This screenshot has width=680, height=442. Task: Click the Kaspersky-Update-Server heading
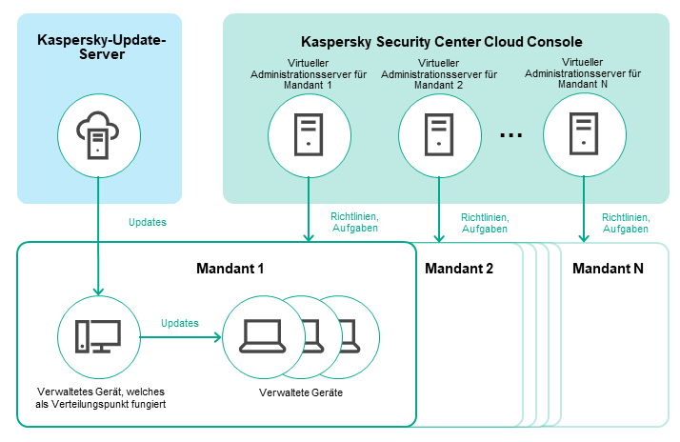coord(101,47)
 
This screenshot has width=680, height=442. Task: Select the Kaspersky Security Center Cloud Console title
coord(441,42)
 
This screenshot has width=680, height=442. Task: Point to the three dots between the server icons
coord(511,135)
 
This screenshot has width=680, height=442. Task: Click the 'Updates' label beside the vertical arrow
coord(147,223)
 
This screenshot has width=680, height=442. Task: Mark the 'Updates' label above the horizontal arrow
coord(180,323)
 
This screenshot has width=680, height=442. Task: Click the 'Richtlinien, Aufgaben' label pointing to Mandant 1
coord(352,222)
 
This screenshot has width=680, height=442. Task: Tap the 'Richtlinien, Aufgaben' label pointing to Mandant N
coord(625,223)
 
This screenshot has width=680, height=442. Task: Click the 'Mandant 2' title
coord(459,269)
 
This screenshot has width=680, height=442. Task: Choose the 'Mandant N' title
coord(608,269)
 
